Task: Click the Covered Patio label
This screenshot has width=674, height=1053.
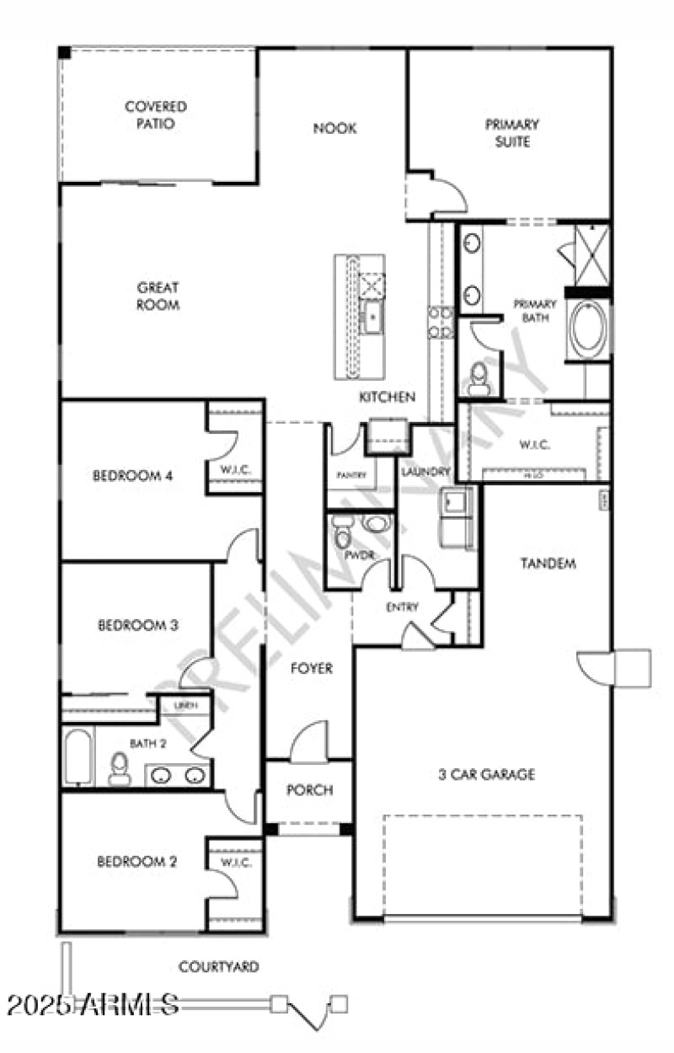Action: (x=156, y=115)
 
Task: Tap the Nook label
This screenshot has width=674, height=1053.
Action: (x=334, y=128)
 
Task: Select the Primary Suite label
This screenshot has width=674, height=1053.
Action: (x=511, y=133)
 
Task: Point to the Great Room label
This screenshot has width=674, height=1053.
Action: (x=158, y=297)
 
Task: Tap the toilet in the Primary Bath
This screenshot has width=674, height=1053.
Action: (x=479, y=377)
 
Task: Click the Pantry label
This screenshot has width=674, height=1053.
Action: (x=351, y=475)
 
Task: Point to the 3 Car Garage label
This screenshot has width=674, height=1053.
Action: (x=487, y=774)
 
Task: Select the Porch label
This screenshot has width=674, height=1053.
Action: (x=309, y=790)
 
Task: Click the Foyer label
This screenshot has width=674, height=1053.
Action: (x=311, y=669)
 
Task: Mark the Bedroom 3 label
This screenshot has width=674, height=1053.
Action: (x=138, y=625)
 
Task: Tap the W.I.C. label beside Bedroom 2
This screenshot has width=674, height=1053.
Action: (x=232, y=863)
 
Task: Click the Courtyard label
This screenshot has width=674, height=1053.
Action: (x=218, y=966)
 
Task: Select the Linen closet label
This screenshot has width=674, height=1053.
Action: (x=185, y=706)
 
